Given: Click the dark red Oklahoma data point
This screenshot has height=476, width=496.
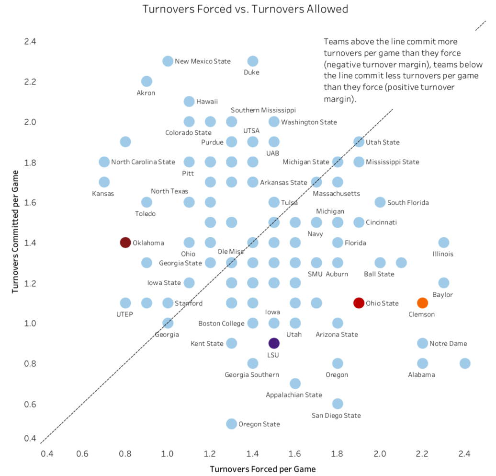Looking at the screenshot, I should pos(125,243).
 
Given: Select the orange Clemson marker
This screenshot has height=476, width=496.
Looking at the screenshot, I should pos(422,303).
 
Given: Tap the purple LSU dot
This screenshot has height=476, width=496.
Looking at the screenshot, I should pos(274,343).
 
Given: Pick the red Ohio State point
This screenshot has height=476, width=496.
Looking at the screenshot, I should pos(359,303).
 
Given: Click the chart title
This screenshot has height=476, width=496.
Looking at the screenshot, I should pos(245,9).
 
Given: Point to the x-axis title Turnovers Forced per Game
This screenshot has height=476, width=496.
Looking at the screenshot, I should pos(263,469).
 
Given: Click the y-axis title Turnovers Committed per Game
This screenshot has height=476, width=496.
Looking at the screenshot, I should pos(15,232).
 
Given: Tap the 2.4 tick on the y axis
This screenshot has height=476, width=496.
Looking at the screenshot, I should pos(30,41).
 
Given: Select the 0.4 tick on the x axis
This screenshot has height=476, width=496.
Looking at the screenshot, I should pos(46,453).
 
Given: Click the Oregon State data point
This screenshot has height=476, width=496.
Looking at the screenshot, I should pos(231,424).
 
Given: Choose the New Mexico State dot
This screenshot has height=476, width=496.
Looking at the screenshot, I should pos(168,61).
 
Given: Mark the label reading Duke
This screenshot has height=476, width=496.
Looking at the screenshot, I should pos(251,72).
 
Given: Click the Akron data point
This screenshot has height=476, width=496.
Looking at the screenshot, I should pos(147,81).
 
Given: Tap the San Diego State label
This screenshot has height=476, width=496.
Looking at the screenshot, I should pos(336,415).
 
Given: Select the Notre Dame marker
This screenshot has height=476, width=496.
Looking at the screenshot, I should pos(422,343).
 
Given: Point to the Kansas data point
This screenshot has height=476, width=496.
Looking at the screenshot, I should pos(104,182).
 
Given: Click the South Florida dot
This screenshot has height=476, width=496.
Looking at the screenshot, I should pos(380,202).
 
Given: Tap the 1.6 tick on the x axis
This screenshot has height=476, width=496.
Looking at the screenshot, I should pos(295,453).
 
